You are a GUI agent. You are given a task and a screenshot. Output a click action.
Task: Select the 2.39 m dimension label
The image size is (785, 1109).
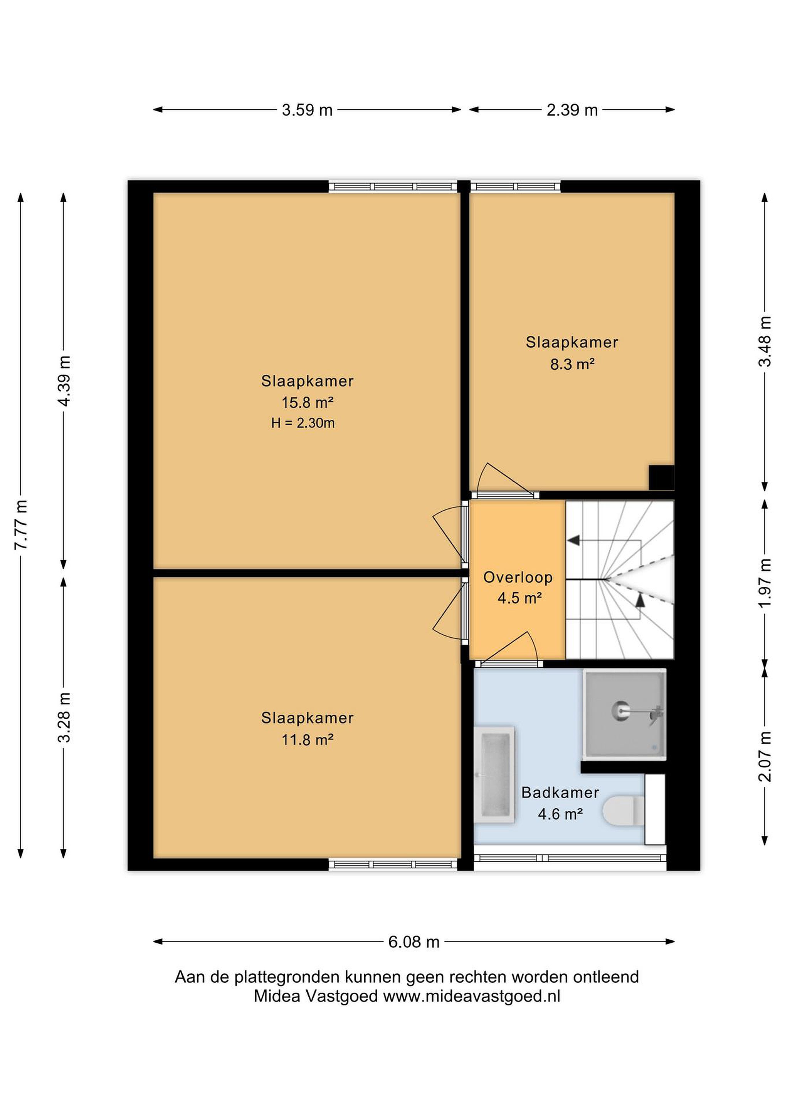coord(572,110)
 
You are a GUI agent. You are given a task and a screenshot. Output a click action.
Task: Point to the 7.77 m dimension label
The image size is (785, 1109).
coord(21,524)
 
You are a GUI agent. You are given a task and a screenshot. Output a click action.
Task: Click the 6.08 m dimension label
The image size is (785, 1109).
coord(414,942)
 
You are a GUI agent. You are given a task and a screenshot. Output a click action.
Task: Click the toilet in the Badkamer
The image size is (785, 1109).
coord(624,811)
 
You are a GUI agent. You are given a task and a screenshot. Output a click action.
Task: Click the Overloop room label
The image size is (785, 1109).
coord(518,577)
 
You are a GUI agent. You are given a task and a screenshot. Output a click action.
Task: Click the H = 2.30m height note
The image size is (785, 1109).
coord(303,423)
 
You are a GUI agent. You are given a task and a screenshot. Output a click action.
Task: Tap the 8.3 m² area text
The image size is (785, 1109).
coord(572,364)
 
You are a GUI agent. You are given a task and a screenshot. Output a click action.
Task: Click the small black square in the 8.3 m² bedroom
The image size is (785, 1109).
coord(661,477)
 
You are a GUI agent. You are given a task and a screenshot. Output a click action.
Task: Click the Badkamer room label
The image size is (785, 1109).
coord(560,792)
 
